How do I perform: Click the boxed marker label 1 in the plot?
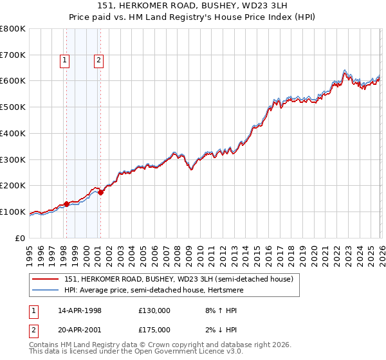[66, 61]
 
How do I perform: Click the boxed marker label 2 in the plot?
[98, 61]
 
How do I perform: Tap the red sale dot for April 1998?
[66, 204]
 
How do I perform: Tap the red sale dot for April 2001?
[100, 192]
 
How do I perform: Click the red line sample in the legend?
[46, 279]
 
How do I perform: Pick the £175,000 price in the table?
[154, 329]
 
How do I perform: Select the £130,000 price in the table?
[154, 310]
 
